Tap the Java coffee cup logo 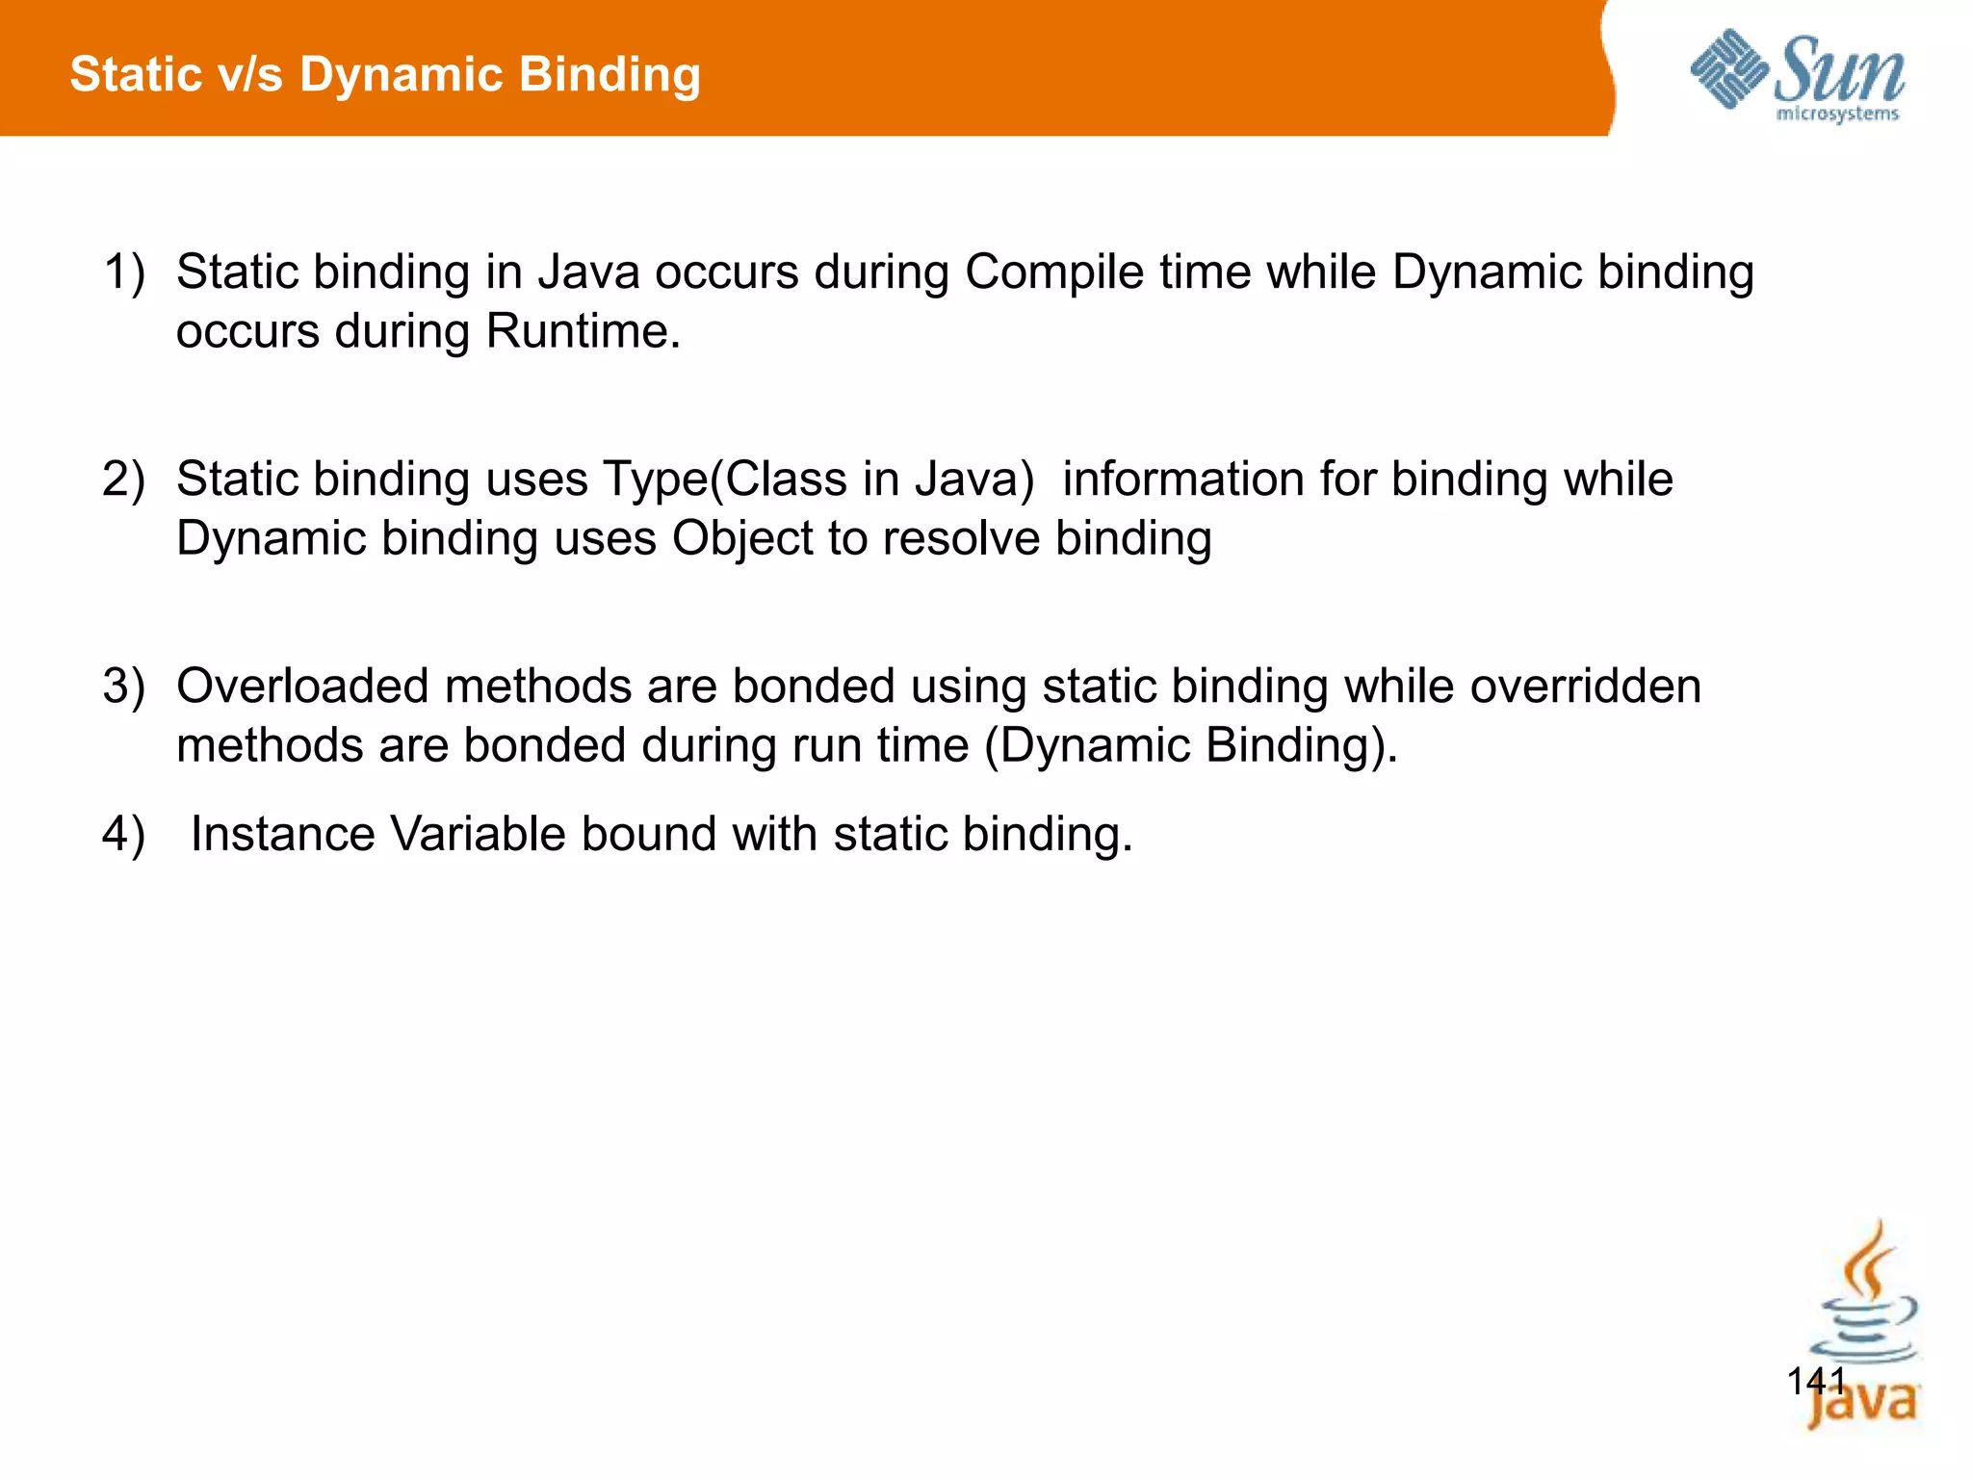coord(1864,1329)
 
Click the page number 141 coord(1816,1382)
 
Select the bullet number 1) coord(124,272)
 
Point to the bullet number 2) coord(124,480)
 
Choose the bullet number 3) coord(124,687)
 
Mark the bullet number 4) coord(124,834)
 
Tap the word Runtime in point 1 coord(583,331)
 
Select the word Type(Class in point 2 coord(725,480)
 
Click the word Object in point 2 coord(742,538)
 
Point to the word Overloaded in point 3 coord(302,687)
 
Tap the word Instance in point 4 coord(283,834)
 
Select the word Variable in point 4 coord(478,834)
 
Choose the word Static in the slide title coord(135,75)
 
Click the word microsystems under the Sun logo coord(1836,115)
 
